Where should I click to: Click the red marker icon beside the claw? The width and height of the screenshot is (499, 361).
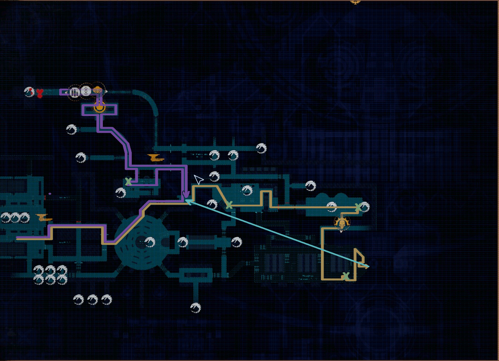39,93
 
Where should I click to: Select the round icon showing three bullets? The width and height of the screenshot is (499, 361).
75,92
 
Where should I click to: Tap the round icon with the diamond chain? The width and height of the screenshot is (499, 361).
86,91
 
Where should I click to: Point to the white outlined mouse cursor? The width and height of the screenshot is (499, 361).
198,179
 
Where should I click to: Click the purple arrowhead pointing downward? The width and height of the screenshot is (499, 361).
186,195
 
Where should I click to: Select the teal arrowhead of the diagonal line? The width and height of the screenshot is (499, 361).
188,201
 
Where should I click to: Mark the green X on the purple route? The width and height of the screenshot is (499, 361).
128,182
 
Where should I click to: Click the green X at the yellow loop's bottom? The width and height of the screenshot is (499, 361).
346,276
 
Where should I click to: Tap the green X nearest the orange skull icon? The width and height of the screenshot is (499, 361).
358,207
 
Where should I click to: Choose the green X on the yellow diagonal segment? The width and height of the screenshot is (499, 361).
229,205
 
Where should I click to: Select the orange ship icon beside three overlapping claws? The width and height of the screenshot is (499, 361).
44,218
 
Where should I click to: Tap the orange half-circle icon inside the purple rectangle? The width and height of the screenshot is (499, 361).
99,108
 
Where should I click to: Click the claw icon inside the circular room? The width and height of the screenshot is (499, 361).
150,242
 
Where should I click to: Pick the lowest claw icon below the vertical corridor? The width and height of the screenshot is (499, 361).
195,308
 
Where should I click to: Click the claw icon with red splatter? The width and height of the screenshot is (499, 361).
29,92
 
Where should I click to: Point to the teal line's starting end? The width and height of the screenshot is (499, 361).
368,266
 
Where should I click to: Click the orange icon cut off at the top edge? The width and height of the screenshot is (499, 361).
355,2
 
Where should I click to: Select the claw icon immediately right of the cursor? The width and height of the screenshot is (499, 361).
214,176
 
